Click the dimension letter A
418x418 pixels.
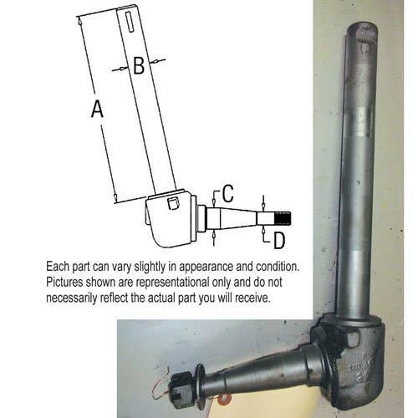point(97,109)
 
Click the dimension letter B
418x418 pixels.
point(139,65)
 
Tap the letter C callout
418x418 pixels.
point(228,193)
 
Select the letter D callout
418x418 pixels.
point(279,241)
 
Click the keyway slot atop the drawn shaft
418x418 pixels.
point(130,22)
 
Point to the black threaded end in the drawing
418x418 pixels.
point(283,218)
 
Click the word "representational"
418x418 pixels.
point(172,283)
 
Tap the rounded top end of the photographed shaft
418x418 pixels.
point(362,31)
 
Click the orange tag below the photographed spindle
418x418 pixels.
point(222,397)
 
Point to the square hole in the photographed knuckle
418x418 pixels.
point(353,339)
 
